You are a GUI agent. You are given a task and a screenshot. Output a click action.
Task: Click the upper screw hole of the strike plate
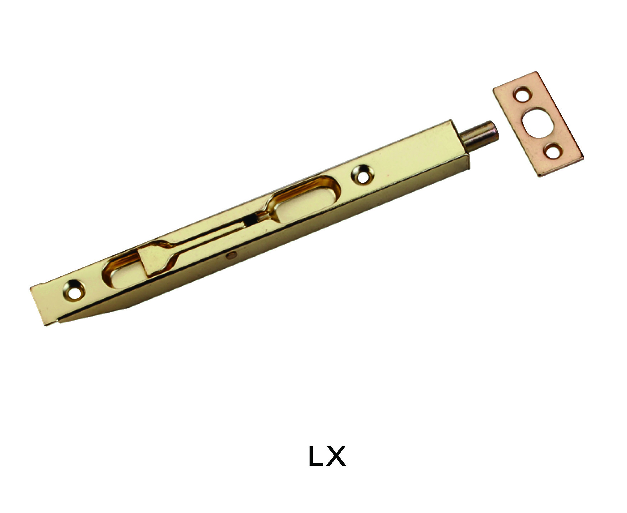[522, 95]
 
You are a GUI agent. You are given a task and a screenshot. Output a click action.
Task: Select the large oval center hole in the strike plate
[537, 122]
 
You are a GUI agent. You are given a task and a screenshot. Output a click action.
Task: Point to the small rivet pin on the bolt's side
[232, 255]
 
